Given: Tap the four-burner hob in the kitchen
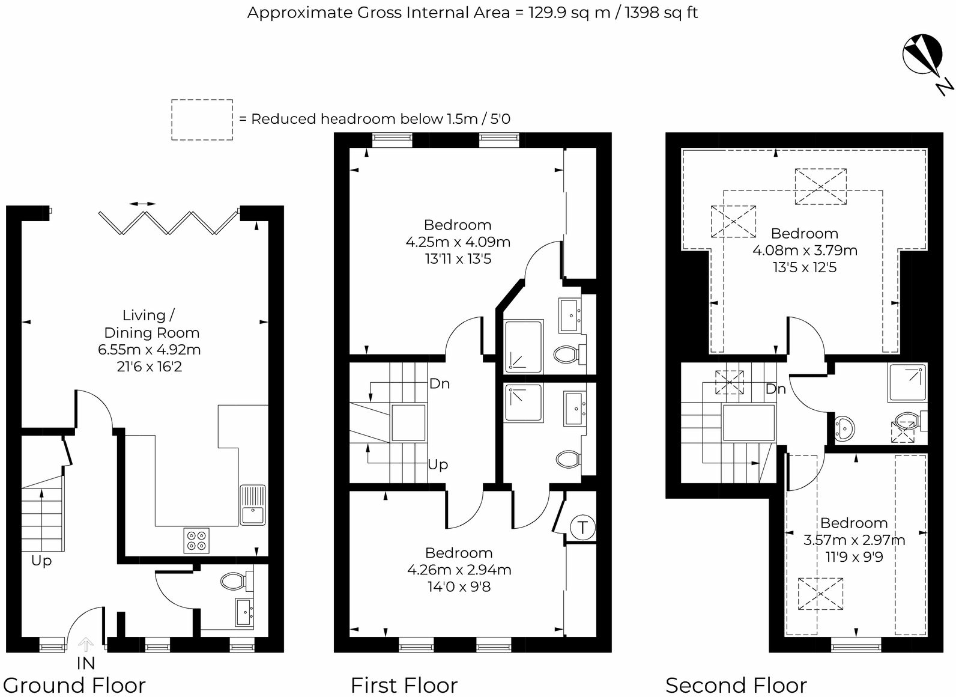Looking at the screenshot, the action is (196, 541).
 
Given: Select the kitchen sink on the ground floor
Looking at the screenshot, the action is (253, 505).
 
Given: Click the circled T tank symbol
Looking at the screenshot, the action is (582, 528).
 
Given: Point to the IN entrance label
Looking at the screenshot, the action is (86, 663).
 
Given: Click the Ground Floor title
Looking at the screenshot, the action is (74, 686).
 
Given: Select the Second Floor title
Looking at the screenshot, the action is (736, 686).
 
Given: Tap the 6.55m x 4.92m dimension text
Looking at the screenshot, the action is (150, 349).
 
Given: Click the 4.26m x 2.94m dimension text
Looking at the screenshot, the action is (459, 570).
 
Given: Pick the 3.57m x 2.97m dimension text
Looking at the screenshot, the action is (854, 540).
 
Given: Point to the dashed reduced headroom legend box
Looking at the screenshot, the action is (202, 120).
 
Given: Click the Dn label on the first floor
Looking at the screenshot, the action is (440, 383).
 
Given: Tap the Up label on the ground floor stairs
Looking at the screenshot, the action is (41, 561).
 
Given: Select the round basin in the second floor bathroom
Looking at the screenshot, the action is (844, 428).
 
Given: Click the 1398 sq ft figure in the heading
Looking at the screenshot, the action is (662, 13).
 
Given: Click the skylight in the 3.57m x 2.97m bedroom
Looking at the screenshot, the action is (820, 594).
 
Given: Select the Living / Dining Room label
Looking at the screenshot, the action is (152, 324).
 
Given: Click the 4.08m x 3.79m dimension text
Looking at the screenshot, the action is (805, 251).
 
